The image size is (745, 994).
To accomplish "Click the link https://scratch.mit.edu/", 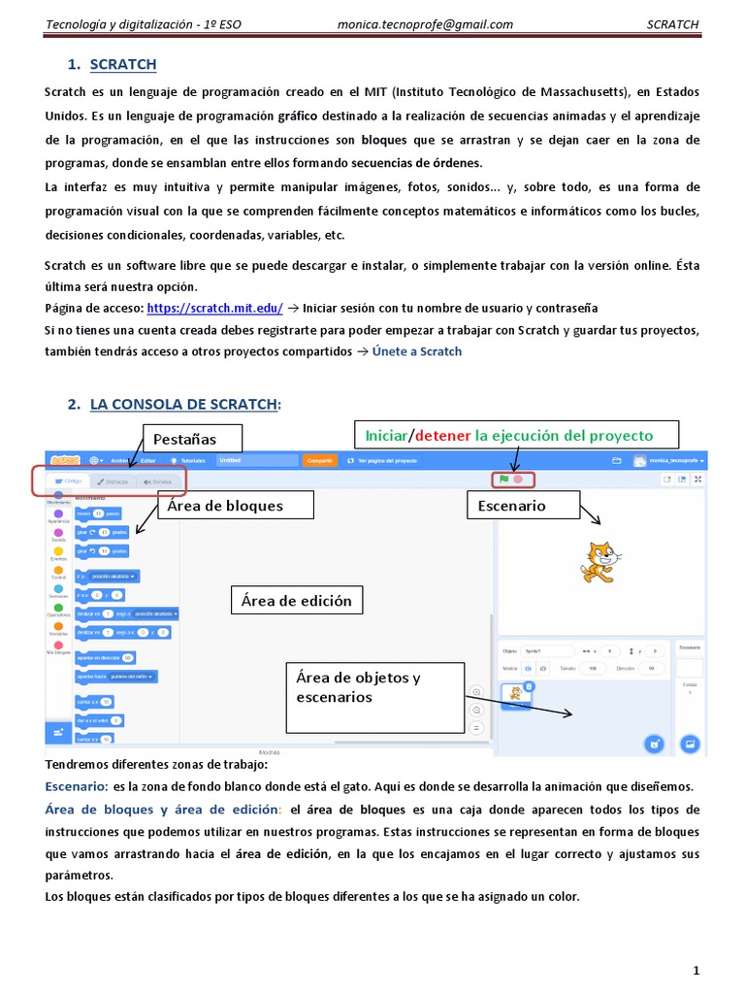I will tap(214, 308).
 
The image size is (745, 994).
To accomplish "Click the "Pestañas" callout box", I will tap(192, 438).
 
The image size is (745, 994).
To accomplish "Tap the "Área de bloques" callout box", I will tap(238, 505).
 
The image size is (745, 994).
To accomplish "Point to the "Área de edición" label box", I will tap(296, 601).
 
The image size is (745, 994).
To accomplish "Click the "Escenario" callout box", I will tap(524, 505).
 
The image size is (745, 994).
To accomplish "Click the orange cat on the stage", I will tap(598, 562).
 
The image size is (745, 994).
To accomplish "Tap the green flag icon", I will tap(503, 479).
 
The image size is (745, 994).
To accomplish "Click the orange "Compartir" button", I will tap(319, 460).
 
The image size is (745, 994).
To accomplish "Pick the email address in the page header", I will tap(425, 25).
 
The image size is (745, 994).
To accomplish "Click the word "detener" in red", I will tap(442, 434).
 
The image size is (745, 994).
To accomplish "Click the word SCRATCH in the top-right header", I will tap(672, 25).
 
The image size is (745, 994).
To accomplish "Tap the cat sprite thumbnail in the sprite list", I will tap(516, 695).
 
